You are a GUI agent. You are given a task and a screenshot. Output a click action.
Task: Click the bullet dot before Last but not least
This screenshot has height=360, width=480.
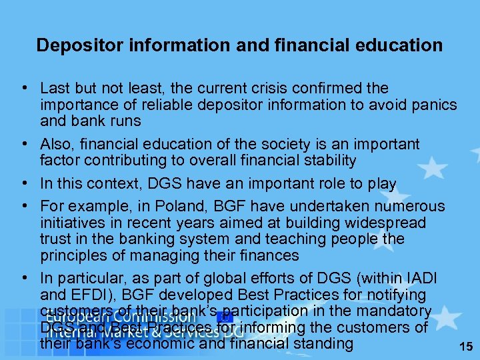point(23,89)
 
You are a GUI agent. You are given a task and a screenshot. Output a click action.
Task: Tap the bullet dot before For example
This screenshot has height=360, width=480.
point(23,207)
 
